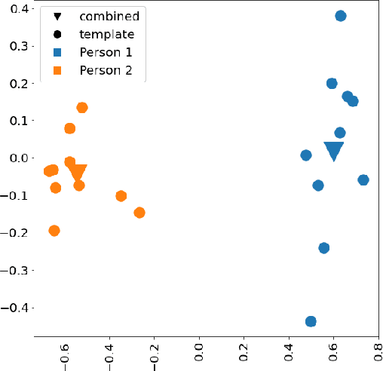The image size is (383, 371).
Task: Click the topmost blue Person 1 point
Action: tap(340, 16)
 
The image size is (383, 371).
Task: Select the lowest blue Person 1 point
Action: tap(311, 321)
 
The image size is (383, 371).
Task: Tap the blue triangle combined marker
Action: tap(333, 151)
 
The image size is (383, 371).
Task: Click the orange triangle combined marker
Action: tap(78, 173)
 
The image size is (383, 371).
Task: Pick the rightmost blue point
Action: tap(363, 180)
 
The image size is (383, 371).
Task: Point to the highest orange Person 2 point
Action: tap(82, 108)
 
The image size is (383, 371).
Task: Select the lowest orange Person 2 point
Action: tap(54, 231)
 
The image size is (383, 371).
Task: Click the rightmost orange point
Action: tap(139, 213)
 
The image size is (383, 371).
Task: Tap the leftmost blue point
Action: tap(306, 155)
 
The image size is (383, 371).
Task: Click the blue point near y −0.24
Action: tap(324, 248)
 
